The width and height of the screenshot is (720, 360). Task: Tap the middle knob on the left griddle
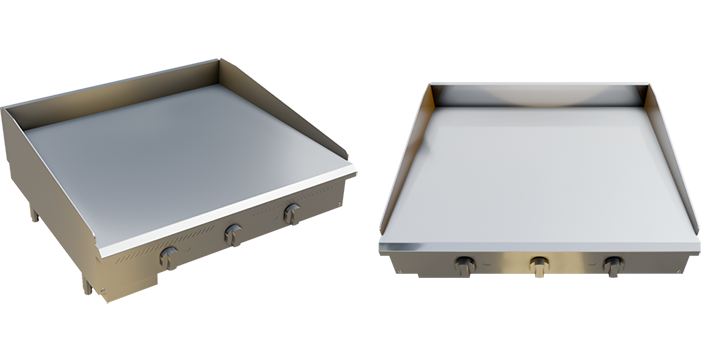[x=232, y=234]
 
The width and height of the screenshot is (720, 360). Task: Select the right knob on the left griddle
[x=291, y=213]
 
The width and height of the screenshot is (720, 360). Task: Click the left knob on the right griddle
[x=465, y=266]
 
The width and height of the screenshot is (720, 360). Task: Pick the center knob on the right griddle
[x=540, y=267]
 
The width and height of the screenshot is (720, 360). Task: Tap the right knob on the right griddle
[x=611, y=266]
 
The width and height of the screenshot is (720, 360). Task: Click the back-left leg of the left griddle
[x=32, y=213]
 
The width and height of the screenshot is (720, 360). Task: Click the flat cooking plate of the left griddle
[x=180, y=150]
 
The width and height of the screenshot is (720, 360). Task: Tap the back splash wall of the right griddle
[x=540, y=93]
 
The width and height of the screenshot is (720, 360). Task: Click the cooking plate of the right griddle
[x=540, y=170]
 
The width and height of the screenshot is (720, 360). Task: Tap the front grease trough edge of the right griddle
[x=540, y=246]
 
